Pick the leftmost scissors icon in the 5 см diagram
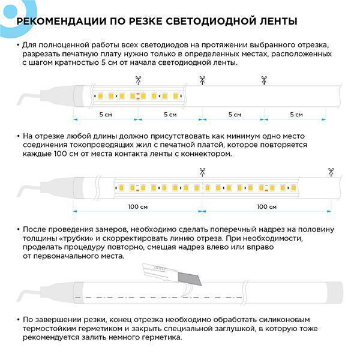(138, 79)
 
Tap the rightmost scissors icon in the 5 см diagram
(263, 79)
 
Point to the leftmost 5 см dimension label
(105, 114)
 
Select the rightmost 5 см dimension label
(296, 114)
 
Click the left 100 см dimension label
(137, 206)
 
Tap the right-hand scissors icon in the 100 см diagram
(329, 172)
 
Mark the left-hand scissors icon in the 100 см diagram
(202, 172)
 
